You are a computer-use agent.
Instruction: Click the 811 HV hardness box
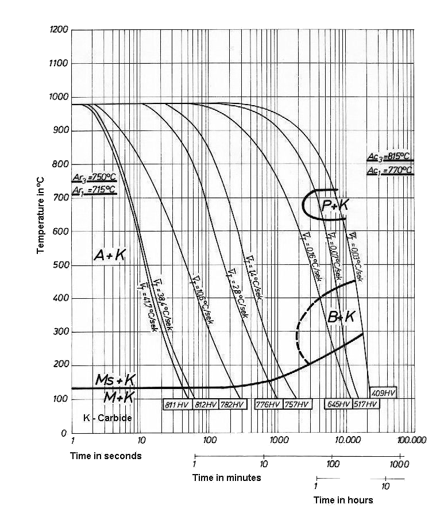[x=177, y=405]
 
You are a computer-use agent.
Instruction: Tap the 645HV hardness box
[x=338, y=405]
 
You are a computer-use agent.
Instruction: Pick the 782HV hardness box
[x=233, y=405]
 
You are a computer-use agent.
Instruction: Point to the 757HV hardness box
[x=298, y=405]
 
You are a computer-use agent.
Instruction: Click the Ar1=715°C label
[x=94, y=190]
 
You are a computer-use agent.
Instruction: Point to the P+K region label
[x=335, y=205]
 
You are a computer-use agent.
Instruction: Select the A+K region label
[x=110, y=256]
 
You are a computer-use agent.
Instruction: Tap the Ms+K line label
[x=115, y=380]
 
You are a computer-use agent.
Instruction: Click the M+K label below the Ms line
[x=119, y=396]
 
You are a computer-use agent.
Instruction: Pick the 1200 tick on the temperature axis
[x=59, y=29]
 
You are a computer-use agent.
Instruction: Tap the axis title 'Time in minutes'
[x=226, y=478]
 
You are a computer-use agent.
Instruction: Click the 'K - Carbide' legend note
[x=107, y=418]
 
